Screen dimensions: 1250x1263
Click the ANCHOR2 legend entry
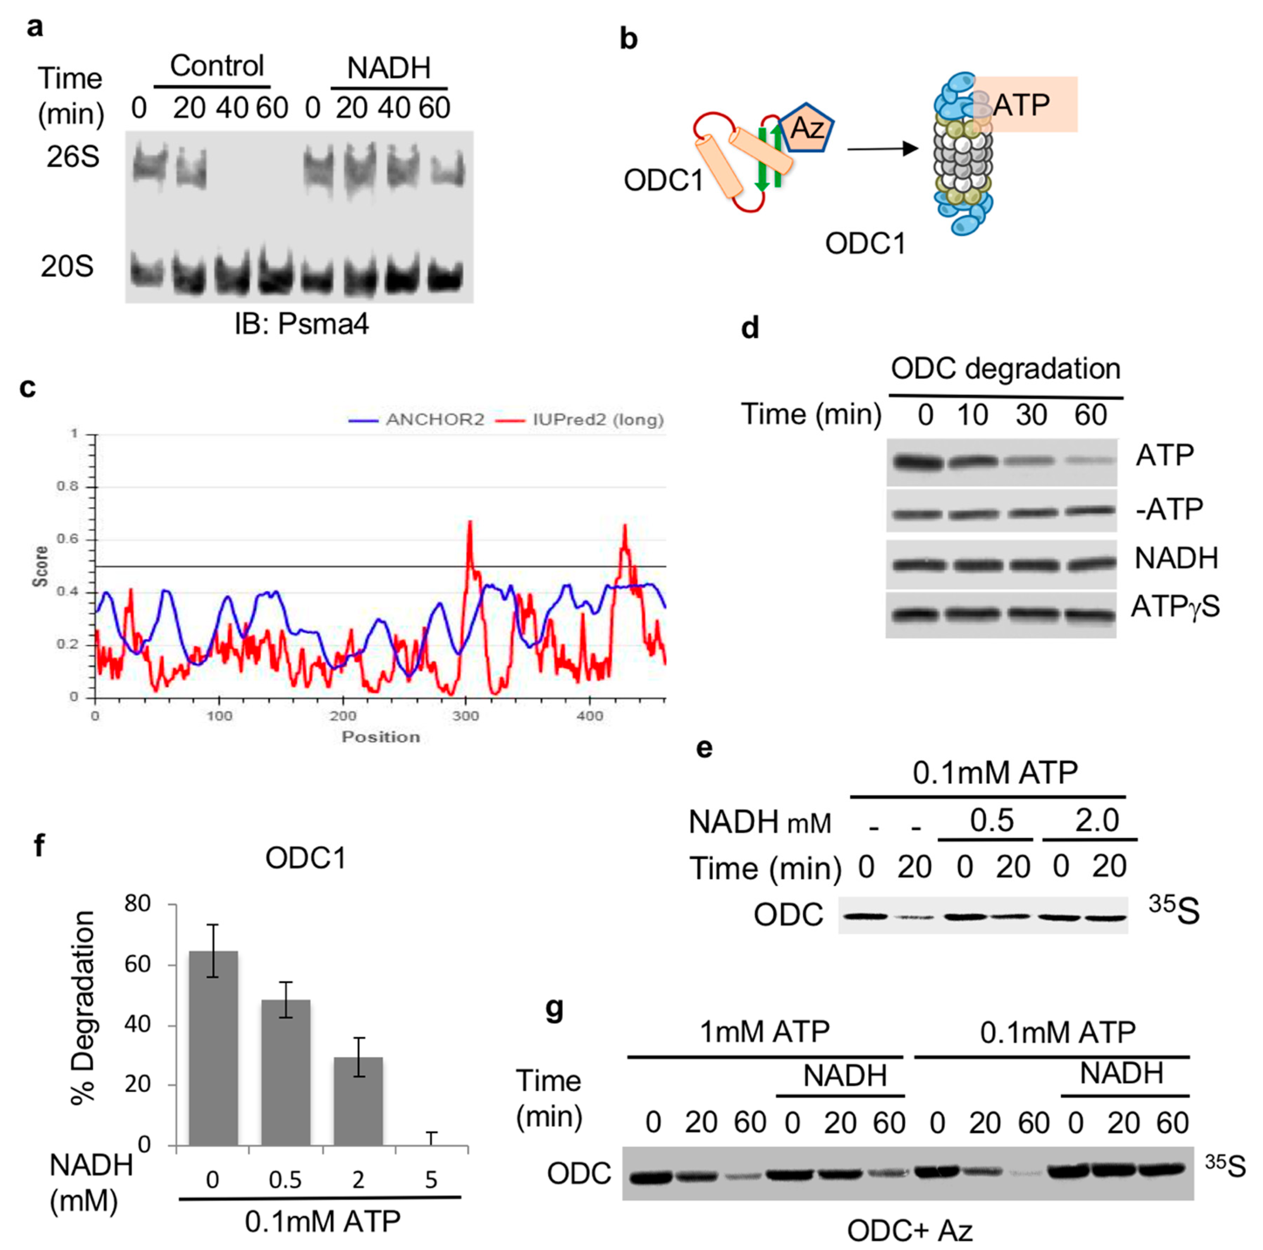(x=417, y=420)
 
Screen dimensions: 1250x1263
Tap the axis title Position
(x=381, y=737)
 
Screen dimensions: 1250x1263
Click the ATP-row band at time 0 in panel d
(x=915, y=463)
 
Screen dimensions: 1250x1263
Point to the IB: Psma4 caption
(x=301, y=324)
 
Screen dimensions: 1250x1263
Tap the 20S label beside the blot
(x=67, y=267)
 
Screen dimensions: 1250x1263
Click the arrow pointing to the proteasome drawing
(x=882, y=149)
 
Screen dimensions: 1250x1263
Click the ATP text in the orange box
(x=1021, y=105)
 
